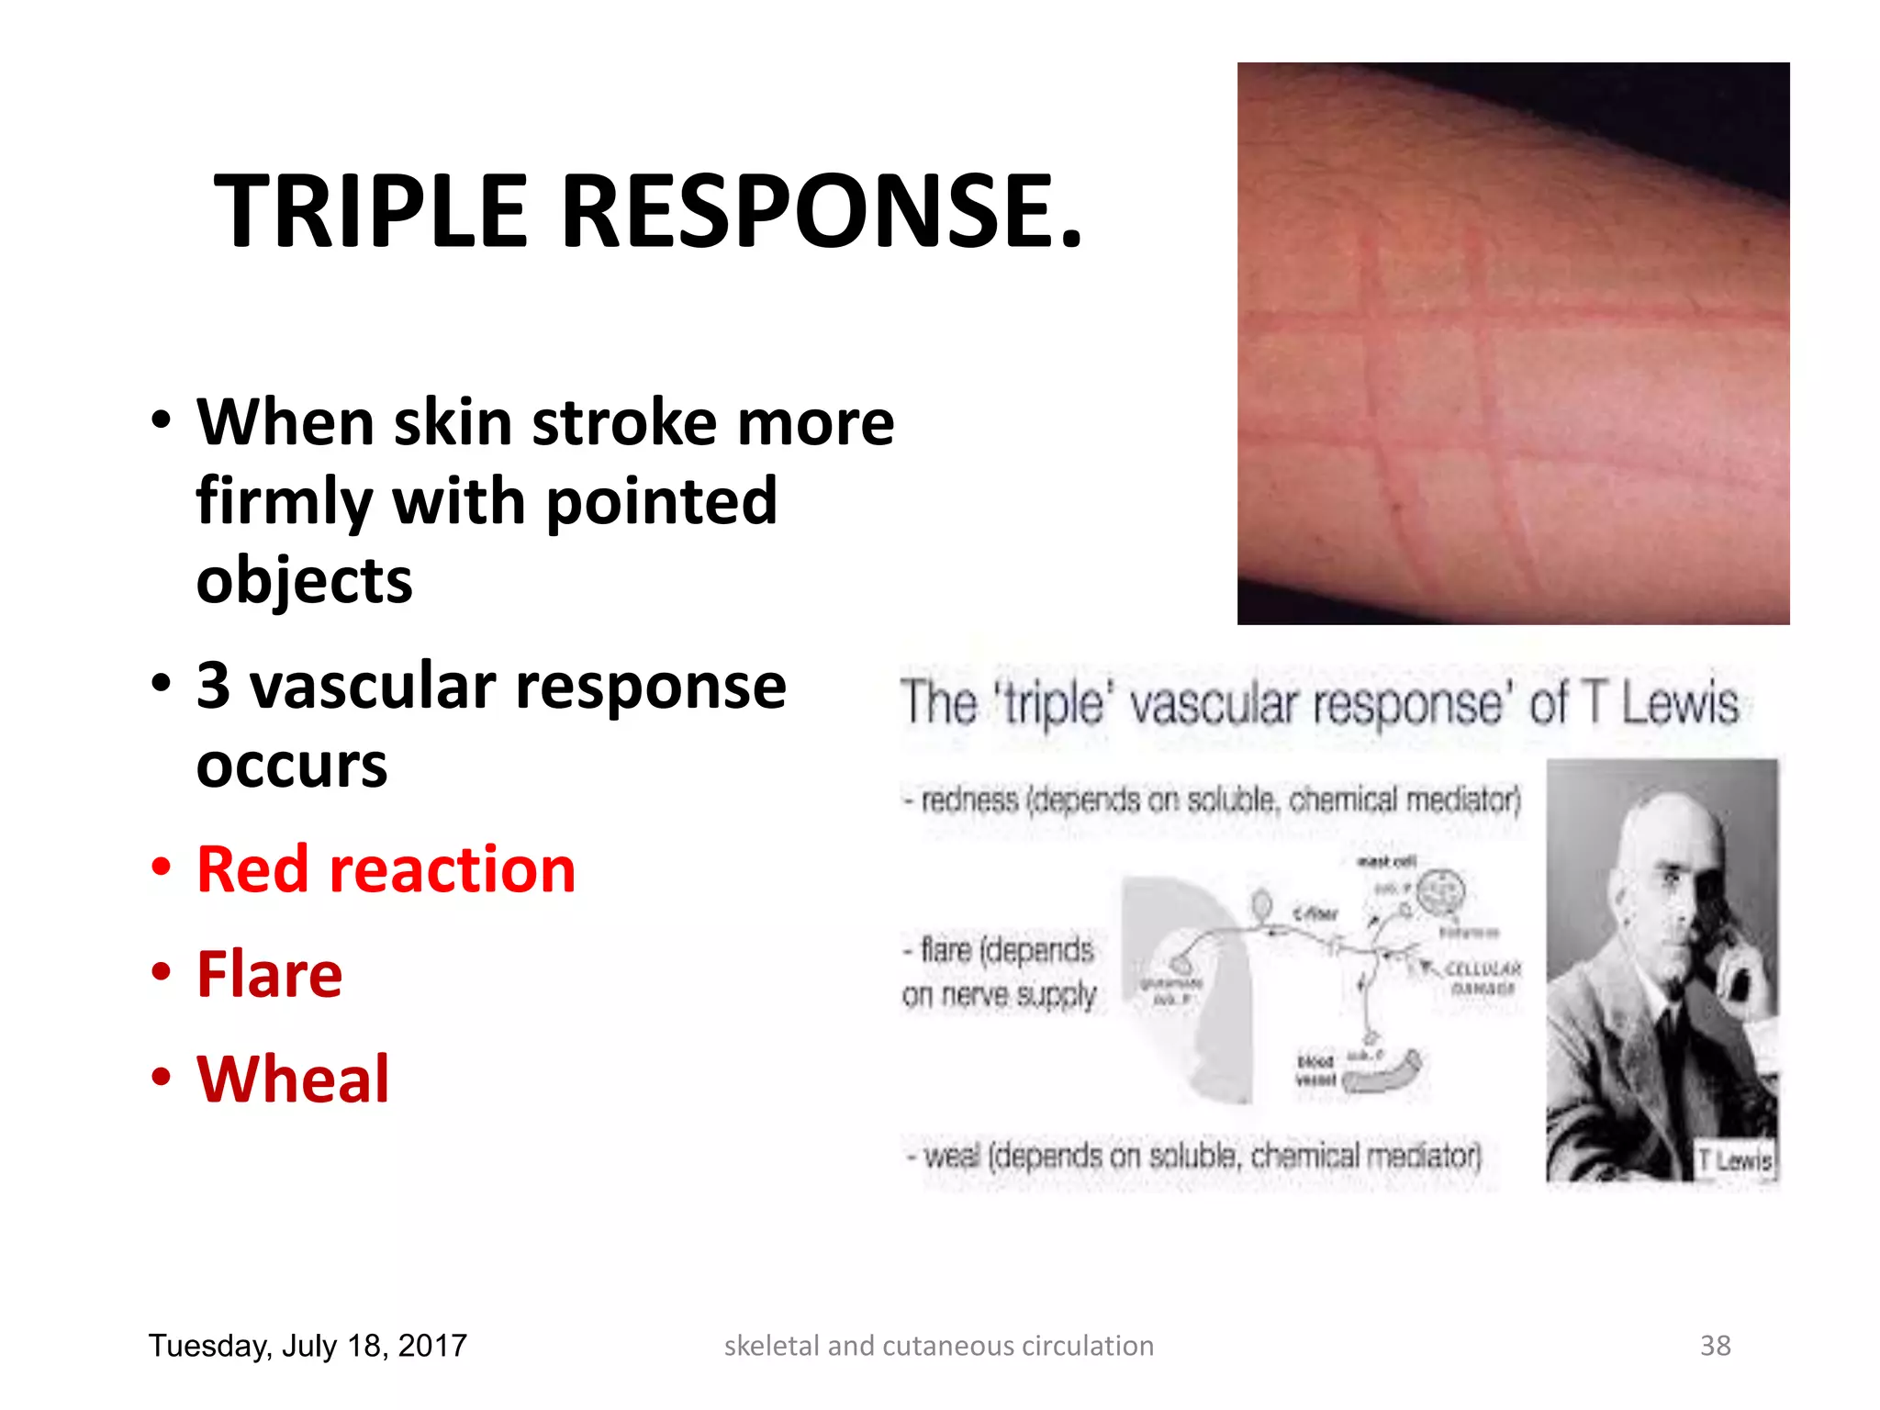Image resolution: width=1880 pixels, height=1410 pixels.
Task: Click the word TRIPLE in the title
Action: click(371, 212)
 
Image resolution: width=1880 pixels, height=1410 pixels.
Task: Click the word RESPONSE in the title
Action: click(822, 212)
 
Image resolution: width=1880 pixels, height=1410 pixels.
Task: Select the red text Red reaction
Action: click(386, 869)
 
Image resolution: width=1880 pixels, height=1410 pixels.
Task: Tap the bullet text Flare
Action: click(269, 974)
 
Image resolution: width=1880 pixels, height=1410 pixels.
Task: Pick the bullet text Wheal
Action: click(293, 1079)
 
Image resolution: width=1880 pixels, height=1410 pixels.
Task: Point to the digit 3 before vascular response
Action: click(213, 686)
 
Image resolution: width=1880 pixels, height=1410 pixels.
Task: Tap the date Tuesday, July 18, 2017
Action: click(308, 1346)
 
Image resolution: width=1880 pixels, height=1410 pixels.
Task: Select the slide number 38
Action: click(1715, 1346)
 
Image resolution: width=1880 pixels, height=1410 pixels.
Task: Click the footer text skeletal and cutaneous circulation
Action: click(938, 1346)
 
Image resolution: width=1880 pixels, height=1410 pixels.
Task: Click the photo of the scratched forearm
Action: click(1513, 343)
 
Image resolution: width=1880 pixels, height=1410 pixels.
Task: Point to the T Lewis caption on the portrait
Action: click(1734, 1160)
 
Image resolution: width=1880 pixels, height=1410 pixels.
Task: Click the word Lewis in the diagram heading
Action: click(1679, 705)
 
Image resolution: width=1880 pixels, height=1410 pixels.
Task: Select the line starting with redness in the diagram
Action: click(1212, 800)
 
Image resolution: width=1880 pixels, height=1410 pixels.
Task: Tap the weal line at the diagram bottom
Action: click(1193, 1156)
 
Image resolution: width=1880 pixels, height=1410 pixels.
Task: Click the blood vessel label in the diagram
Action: click(1315, 1070)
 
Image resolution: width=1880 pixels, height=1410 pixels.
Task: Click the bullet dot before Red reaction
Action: click(162, 867)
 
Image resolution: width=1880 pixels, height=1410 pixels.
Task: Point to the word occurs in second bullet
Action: click(292, 766)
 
